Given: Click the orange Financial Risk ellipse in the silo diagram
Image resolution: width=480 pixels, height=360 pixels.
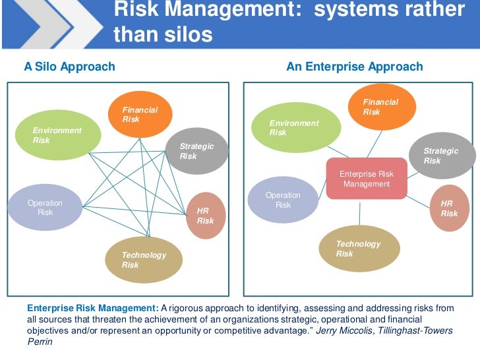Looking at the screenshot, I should coord(140,114).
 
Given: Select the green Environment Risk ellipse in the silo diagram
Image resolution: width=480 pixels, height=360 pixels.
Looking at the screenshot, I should coord(58,135).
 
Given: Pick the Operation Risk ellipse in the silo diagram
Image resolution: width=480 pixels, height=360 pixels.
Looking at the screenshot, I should coord(44,207).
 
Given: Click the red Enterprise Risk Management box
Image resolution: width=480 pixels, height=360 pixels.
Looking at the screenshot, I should coord(367,179).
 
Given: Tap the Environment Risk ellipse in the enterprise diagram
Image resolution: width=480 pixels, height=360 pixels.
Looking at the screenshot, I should coord(300,128).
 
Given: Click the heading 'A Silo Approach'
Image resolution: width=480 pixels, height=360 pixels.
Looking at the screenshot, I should coord(69,67).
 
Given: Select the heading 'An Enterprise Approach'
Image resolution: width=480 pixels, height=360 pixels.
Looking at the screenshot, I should coord(355,67).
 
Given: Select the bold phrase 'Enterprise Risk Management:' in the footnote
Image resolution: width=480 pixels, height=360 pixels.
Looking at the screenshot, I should coord(92,308).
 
